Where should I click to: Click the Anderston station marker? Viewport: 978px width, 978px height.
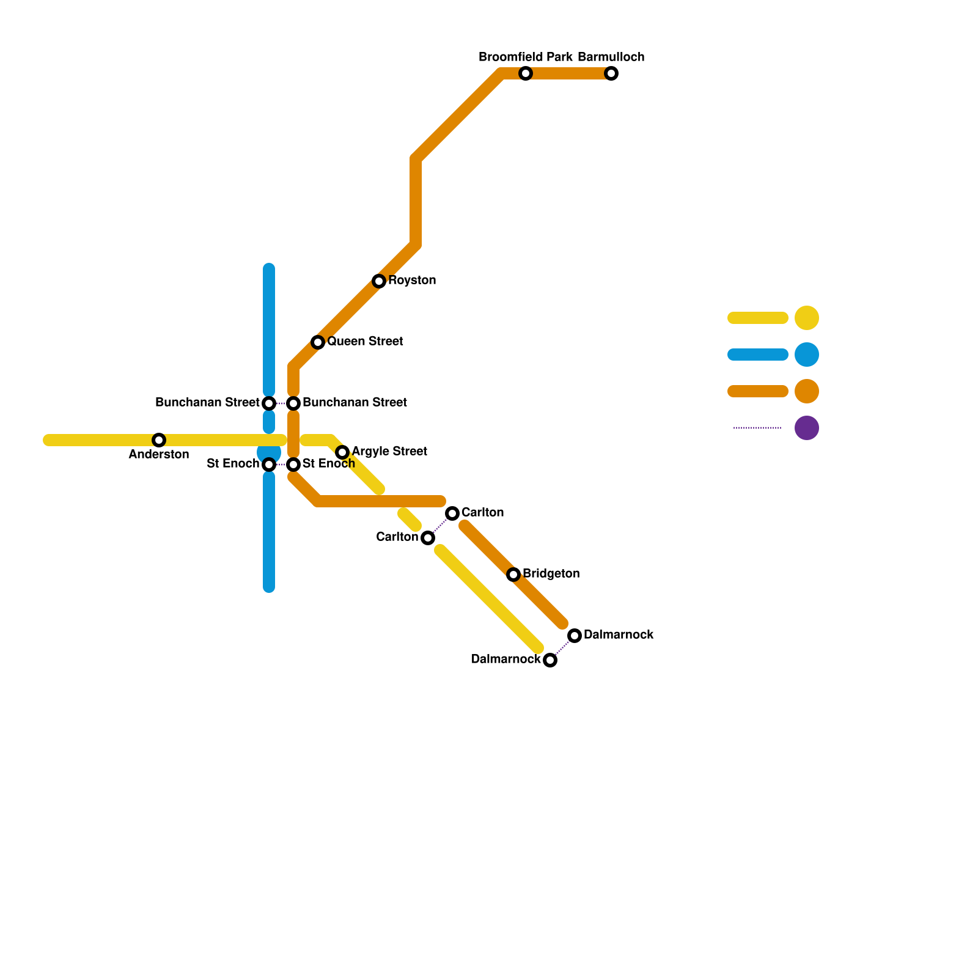(159, 440)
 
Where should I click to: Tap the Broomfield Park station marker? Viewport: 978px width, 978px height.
(526, 73)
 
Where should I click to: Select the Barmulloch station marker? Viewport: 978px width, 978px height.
(611, 73)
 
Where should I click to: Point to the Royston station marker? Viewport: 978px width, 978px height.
(379, 281)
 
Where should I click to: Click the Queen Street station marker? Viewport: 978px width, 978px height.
(318, 342)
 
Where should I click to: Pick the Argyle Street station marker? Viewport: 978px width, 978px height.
(342, 452)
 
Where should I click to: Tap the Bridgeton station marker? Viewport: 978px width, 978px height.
(513, 575)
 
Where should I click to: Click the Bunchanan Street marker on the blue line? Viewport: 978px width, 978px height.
(269, 403)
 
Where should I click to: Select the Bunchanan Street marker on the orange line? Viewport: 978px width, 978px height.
(293, 403)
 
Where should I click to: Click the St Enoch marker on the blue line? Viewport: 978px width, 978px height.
(269, 465)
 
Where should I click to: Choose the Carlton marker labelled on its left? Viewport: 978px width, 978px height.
(428, 538)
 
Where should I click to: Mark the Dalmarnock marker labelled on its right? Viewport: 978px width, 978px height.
(575, 636)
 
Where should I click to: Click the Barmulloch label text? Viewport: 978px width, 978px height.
(611, 57)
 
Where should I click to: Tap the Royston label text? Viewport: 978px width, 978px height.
(412, 281)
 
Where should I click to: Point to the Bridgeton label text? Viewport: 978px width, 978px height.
(551, 574)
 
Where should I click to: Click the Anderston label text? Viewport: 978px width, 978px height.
(159, 455)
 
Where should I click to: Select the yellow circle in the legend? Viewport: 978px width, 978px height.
(807, 318)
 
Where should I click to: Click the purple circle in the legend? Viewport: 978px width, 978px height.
(807, 428)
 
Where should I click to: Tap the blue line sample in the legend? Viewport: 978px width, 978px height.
(758, 355)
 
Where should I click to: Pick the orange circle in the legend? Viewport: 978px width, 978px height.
(807, 391)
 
